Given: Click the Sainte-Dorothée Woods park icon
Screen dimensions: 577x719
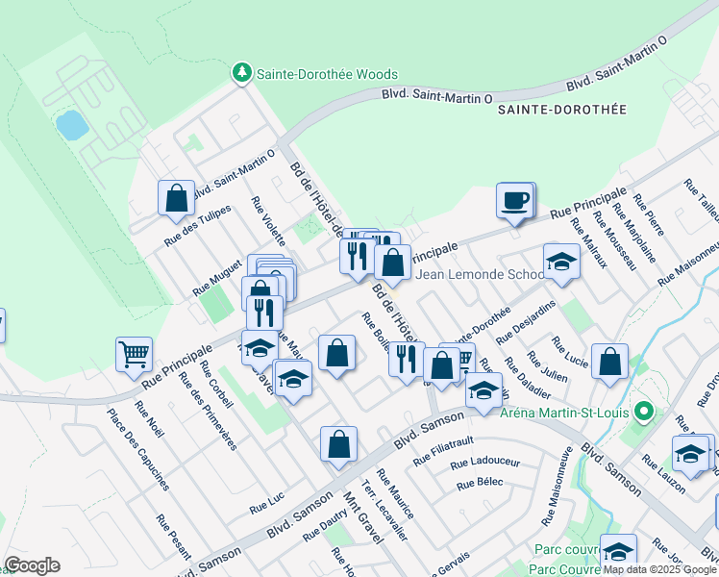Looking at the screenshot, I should (x=241, y=73).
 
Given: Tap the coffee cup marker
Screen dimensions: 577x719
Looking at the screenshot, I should (x=514, y=200).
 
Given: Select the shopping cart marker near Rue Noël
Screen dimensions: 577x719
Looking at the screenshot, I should (x=134, y=353).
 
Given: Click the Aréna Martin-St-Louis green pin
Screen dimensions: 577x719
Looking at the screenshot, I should (x=646, y=414).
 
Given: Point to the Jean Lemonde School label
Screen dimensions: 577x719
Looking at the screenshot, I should (x=481, y=275).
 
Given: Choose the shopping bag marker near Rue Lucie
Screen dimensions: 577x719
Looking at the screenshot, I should (x=609, y=362).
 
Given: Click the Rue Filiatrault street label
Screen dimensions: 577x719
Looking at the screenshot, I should (x=445, y=453).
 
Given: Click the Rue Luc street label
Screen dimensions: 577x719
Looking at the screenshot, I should (x=268, y=507).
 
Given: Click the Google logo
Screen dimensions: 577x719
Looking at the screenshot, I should (x=32, y=565).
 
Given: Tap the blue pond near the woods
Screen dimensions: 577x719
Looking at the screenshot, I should (x=69, y=124).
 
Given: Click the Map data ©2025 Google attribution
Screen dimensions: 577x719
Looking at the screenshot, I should (x=660, y=569).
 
